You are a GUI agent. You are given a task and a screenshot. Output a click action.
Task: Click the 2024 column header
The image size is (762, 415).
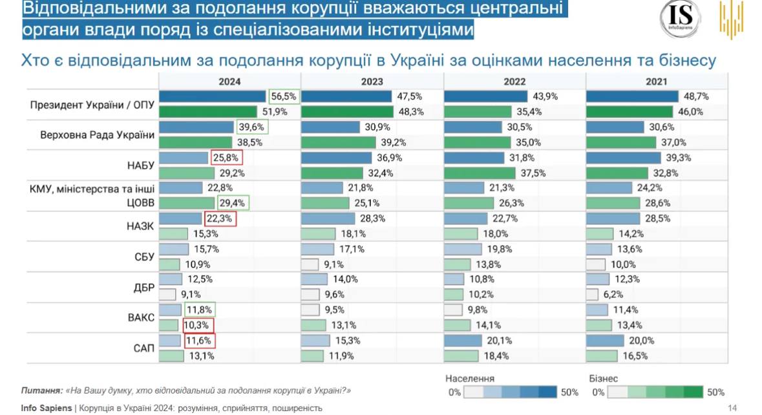[229, 81]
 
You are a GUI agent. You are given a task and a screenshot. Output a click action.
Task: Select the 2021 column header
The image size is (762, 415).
[657, 81]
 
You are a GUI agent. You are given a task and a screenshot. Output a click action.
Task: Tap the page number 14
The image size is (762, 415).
[732, 408]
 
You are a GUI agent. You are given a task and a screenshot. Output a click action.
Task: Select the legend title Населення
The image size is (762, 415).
[470, 379]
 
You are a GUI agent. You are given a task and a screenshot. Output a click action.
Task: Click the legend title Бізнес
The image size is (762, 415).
[604, 379]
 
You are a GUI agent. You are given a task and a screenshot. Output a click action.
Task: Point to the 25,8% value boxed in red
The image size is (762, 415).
[224, 158]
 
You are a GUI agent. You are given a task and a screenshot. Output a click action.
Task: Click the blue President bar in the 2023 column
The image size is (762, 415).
[346, 96]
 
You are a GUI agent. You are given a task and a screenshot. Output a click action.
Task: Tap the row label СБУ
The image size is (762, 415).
[143, 257]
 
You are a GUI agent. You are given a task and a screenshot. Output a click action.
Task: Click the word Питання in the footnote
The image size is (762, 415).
[41, 390]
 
